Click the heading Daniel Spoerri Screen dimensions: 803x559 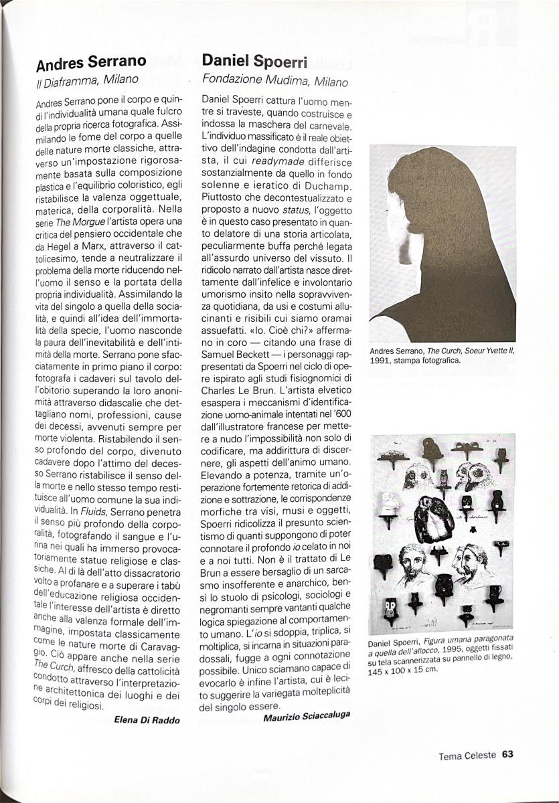[254, 62]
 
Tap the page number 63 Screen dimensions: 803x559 [507, 755]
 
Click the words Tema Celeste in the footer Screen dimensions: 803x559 [467, 755]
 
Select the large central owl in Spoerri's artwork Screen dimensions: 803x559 [433, 518]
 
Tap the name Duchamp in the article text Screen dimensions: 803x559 [329, 184]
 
